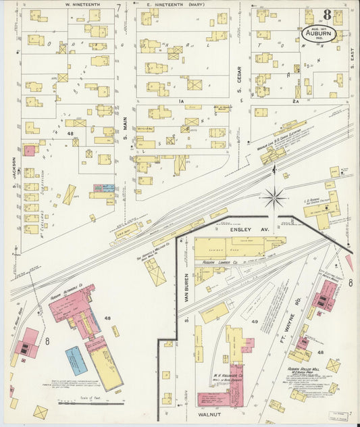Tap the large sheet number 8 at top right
(327, 14)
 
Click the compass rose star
(274, 198)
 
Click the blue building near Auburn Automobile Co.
(76, 360)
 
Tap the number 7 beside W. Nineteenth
(118, 8)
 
